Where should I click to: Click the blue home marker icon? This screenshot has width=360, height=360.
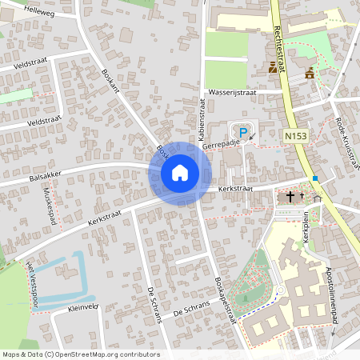point(180,172)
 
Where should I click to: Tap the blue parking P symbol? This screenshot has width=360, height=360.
point(243,132)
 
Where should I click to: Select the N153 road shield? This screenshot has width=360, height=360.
point(295,138)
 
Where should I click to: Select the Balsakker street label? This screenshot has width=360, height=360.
point(46,175)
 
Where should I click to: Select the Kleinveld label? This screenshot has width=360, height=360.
point(83,306)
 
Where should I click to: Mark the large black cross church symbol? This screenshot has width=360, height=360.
point(290,195)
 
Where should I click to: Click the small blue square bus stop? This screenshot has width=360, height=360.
point(316,178)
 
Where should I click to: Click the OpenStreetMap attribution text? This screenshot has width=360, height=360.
point(81,354)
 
